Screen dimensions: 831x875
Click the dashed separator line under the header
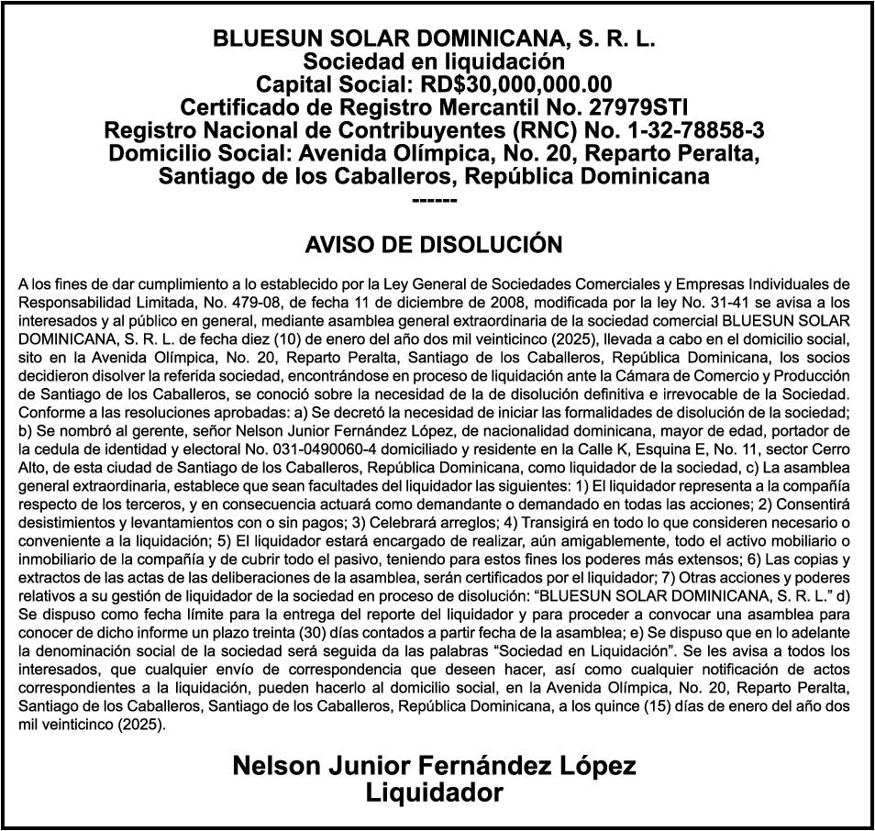point(434,199)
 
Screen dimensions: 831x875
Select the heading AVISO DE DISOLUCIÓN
point(434,245)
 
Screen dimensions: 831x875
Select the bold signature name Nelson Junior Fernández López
point(434,765)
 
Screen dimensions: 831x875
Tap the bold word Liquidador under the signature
point(434,792)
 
